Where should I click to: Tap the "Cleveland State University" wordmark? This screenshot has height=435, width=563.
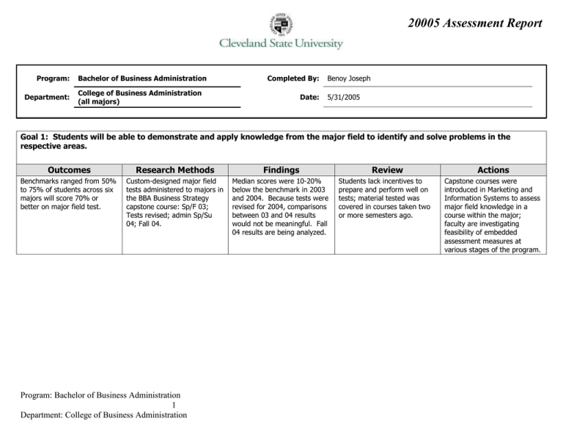pos(281,44)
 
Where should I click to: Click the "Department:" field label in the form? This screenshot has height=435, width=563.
pos(45,98)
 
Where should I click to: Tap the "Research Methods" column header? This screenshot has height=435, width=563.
pos(174,169)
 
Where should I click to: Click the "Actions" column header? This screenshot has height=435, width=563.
pos(492,169)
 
